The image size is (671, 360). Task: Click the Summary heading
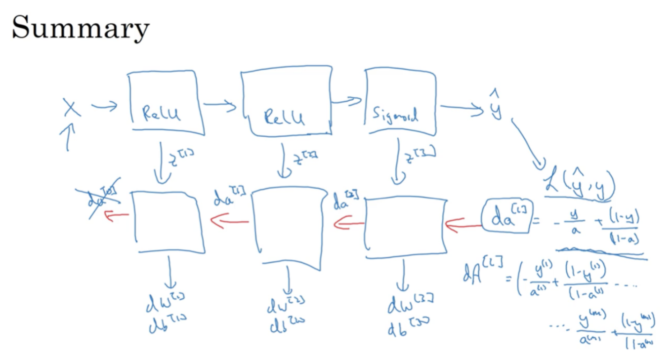click(x=80, y=28)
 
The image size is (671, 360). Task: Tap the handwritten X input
click(x=72, y=107)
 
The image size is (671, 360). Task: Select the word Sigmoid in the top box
click(x=395, y=116)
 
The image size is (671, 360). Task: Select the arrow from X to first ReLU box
click(x=104, y=106)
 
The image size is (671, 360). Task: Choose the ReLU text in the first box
click(x=161, y=115)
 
